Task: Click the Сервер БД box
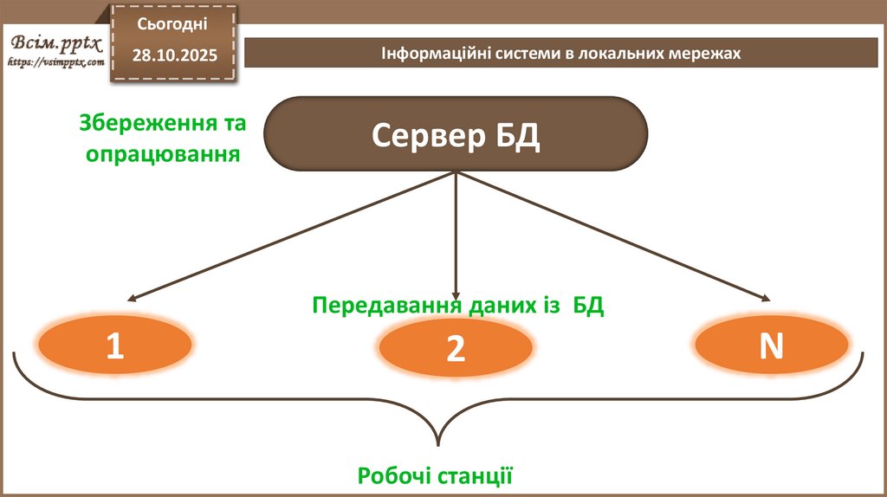pyautogui.click(x=456, y=134)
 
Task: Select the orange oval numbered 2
pyautogui.click(x=456, y=348)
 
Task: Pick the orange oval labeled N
pyautogui.click(x=771, y=345)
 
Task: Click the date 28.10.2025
pyautogui.click(x=175, y=55)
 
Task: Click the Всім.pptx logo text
pyautogui.click(x=55, y=43)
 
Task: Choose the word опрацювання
pyautogui.click(x=159, y=155)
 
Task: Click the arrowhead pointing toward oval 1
pyautogui.click(x=130, y=299)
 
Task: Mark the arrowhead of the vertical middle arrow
pyautogui.click(x=456, y=294)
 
